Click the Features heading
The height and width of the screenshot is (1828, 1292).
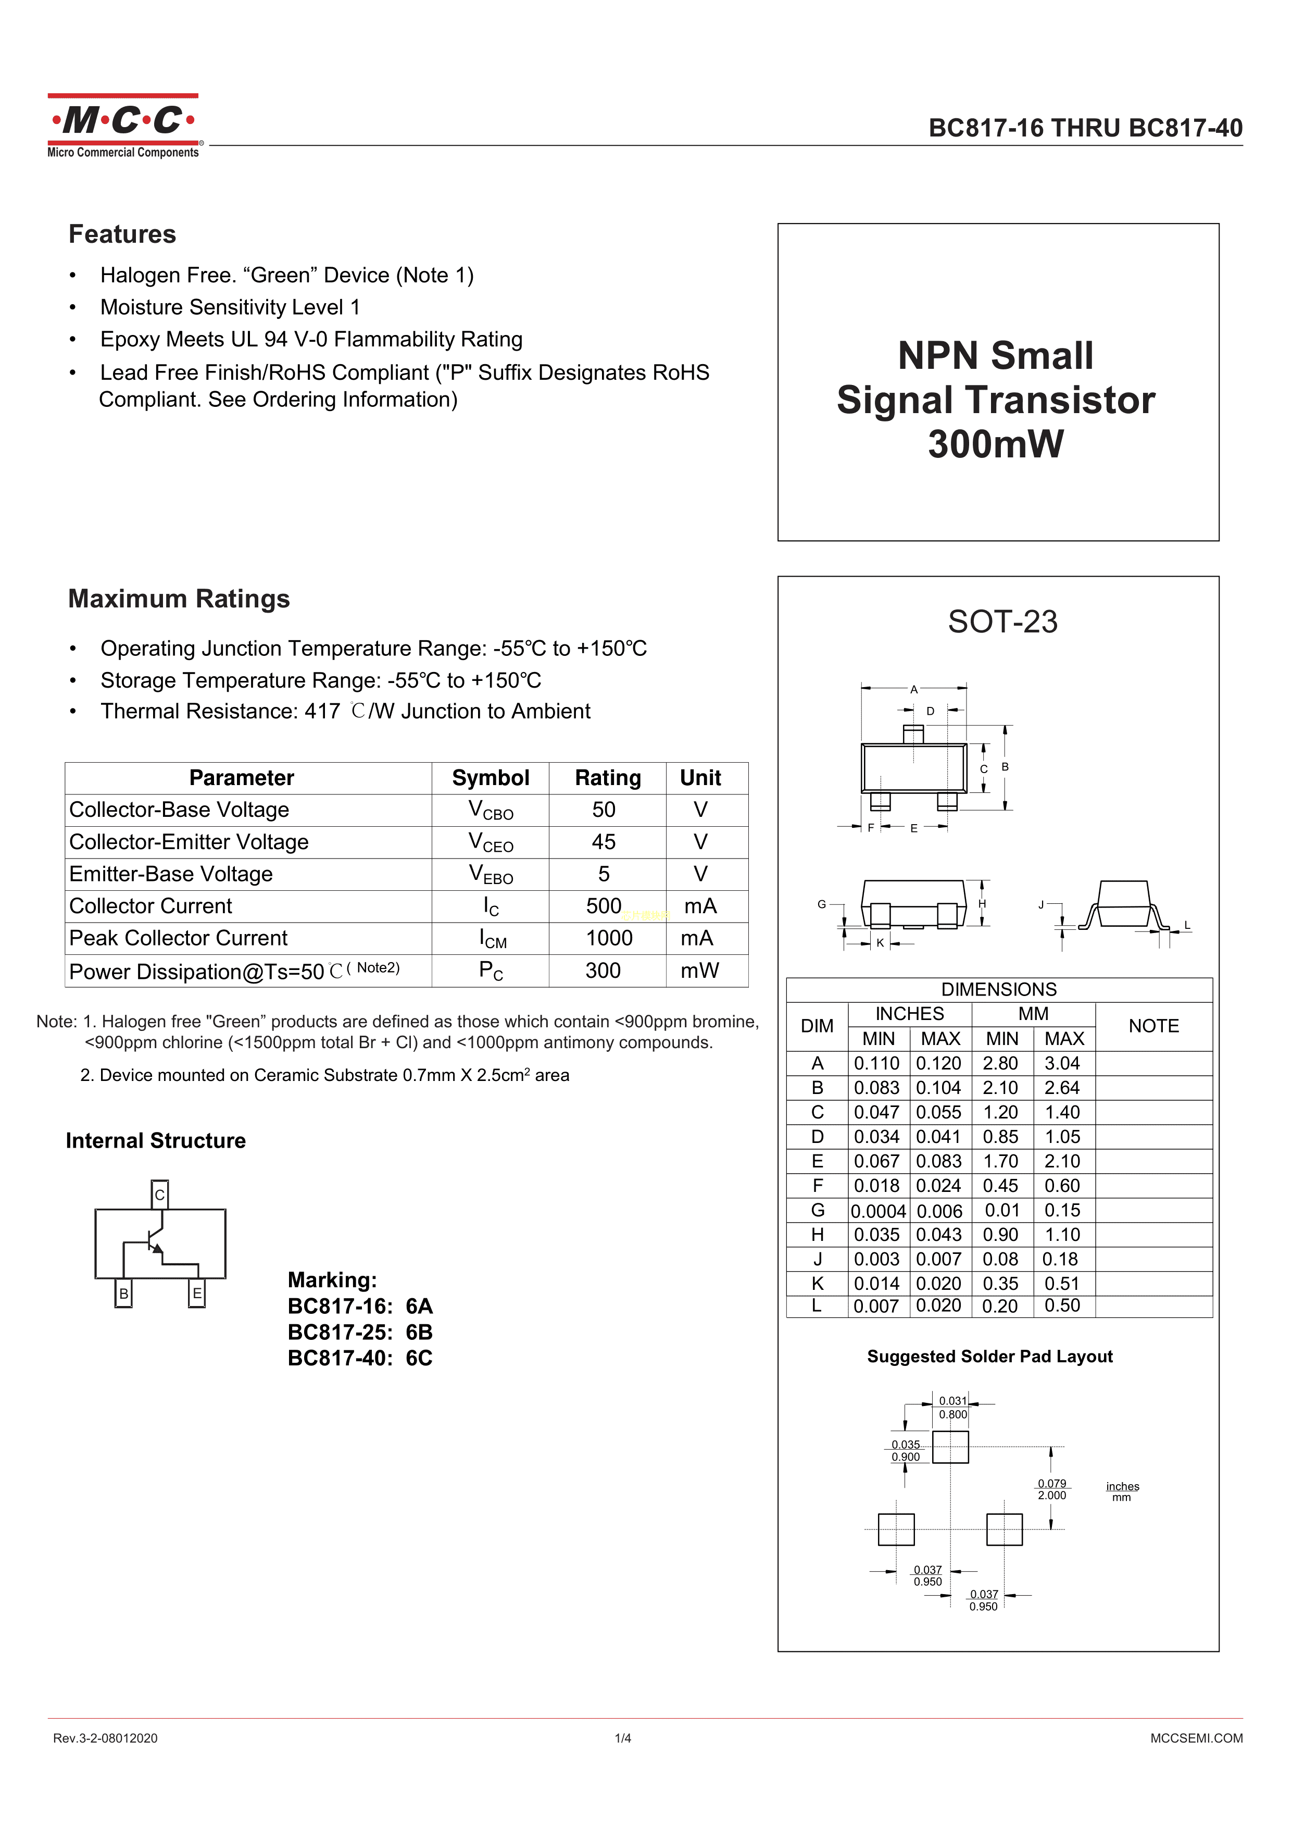tap(122, 234)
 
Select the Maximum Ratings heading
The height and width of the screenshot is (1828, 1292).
tap(179, 599)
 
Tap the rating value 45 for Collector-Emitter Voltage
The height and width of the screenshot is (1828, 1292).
tap(604, 841)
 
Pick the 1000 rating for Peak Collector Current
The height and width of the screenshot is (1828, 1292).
tap(609, 938)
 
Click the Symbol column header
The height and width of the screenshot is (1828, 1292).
tap(491, 778)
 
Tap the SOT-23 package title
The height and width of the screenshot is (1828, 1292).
tap(1002, 622)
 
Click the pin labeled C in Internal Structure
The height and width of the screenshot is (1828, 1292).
tap(160, 1194)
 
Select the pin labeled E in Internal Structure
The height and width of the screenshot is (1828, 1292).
tap(197, 1293)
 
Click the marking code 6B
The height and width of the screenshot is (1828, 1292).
tap(419, 1332)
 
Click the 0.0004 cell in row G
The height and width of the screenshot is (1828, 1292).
tap(878, 1211)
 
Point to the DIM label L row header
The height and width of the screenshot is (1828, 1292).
tap(817, 1305)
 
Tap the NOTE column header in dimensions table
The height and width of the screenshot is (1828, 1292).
tap(1153, 1026)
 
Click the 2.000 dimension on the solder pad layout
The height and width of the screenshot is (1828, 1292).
tap(1051, 1495)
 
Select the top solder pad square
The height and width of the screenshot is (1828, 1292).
tap(950, 1447)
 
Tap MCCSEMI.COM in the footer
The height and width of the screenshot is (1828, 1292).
tap(1196, 1738)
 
